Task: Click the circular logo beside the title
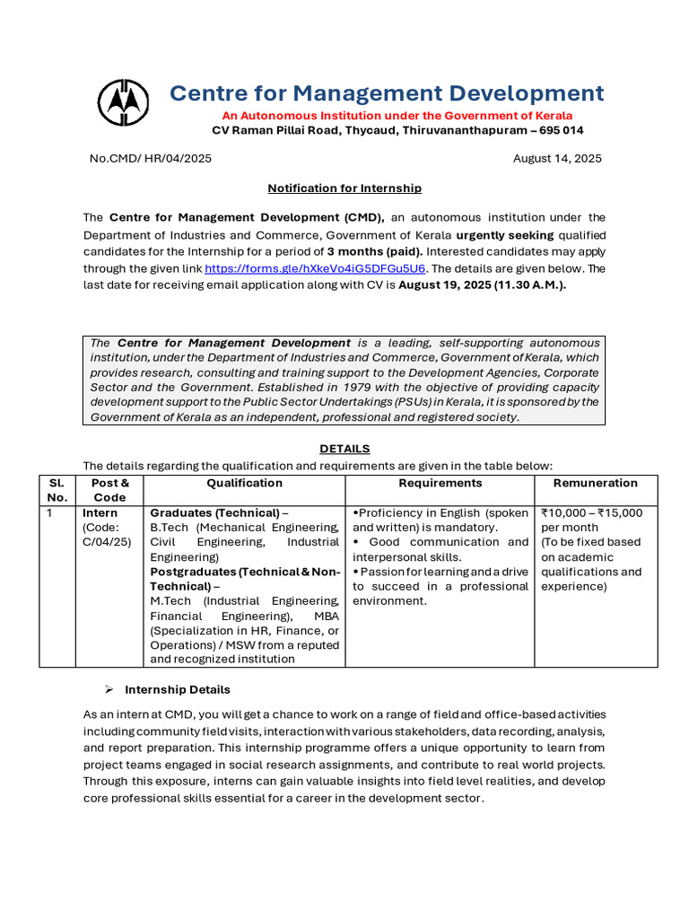pyautogui.click(x=124, y=104)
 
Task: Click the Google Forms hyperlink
pyautogui.click(x=316, y=268)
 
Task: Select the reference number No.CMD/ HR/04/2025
pyautogui.click(x=151, y=159)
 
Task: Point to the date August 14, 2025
pyautogui.click(x=557, y=159)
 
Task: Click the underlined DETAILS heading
pyautogui.click(x=344, y=449)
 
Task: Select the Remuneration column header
pyautogui.click(x=596, y=483)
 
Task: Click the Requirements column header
pyautogui.click(x=440, y=483)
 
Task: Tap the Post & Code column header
pyautogui.click(x=109, y=490)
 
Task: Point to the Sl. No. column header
pyautogui.click(x=57, y=490)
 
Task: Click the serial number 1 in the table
pyautogui.click(x=50, y=513)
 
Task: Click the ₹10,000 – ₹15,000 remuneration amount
pyautogui.click(x=591, y=513)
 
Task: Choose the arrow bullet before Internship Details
pyautogui.click(x=108, y=689)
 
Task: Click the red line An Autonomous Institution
pyautogui.click(x=397, y=116)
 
